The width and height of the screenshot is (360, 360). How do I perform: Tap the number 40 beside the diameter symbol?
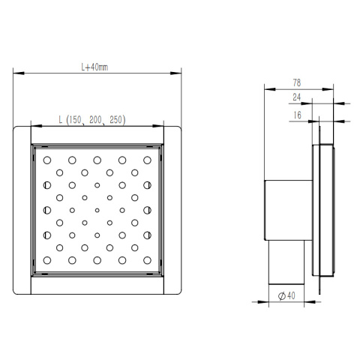(289, 295)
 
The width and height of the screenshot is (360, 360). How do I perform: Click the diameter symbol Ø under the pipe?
(280, 295)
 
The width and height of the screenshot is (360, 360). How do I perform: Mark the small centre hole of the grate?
(97, 210)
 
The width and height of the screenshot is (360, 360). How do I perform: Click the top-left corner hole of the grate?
(47, 160)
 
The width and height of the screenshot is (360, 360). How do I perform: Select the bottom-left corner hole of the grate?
(47, 260)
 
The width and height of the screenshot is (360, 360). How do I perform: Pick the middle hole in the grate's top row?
(97, 160)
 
